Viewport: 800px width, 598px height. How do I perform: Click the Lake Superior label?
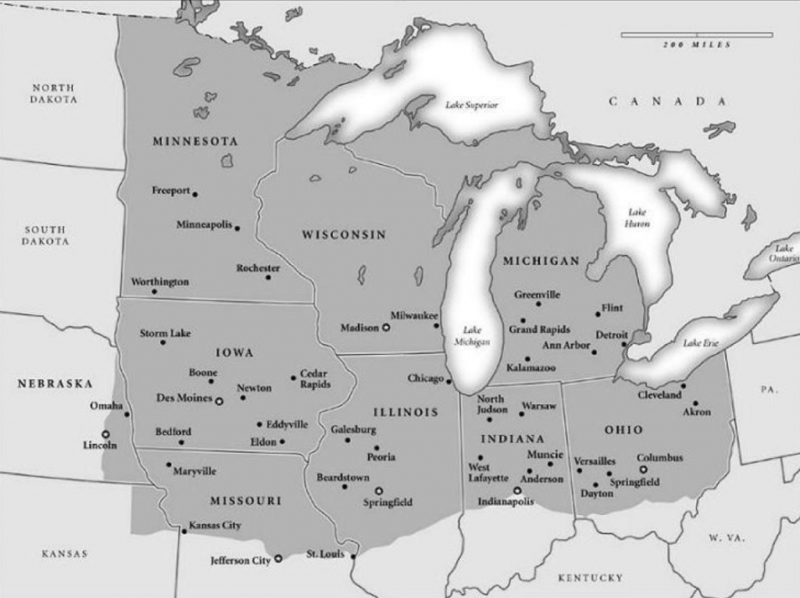[471, 105]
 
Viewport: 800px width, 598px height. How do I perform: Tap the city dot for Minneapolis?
[237, 228]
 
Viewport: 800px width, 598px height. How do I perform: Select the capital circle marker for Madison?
[385, 328]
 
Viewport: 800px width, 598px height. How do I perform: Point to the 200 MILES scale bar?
[697, 35]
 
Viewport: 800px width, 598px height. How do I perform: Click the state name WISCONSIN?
[345, 235]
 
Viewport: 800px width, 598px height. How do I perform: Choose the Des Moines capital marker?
[220, 400]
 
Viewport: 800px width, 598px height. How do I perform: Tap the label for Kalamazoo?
[531, 367]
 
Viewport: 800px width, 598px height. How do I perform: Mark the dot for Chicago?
[449, 381]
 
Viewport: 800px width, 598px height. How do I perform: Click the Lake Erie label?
[700, 343]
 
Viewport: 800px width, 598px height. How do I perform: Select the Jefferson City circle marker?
[278, 559]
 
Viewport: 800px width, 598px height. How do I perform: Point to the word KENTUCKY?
[590, 578]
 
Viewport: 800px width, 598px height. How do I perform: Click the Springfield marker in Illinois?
[379, 491]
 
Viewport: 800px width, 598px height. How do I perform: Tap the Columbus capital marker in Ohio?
[643, 470]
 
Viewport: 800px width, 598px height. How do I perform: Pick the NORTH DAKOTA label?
[54, 94]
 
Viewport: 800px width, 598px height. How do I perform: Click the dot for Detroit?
[624, 344]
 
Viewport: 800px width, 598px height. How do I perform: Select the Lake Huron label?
[637, 218]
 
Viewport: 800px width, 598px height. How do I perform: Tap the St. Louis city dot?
[353, 557]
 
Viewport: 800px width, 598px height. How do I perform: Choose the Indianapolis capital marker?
[516, 490]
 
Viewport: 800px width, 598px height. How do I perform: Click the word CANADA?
[668, 102]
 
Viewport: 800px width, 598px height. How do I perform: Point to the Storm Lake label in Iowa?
[166, 333]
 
